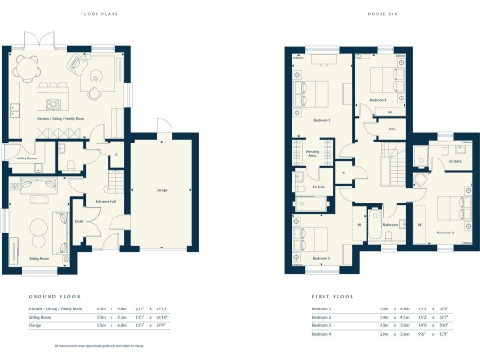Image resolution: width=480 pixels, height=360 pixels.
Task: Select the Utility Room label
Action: tap(25, 158)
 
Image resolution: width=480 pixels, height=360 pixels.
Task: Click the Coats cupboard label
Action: tap(80, 221)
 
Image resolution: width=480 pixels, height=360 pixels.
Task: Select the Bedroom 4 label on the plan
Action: tap(378, 99)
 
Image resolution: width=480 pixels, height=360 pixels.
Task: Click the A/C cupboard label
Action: tap(391, 127)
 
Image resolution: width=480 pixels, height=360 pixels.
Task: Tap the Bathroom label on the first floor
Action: tap(366, 225)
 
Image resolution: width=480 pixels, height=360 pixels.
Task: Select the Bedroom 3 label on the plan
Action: tap(321, 258)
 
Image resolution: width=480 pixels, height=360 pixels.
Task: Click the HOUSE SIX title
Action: tap(386, 14)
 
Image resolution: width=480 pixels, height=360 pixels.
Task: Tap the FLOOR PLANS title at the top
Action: tap(98, 14)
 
